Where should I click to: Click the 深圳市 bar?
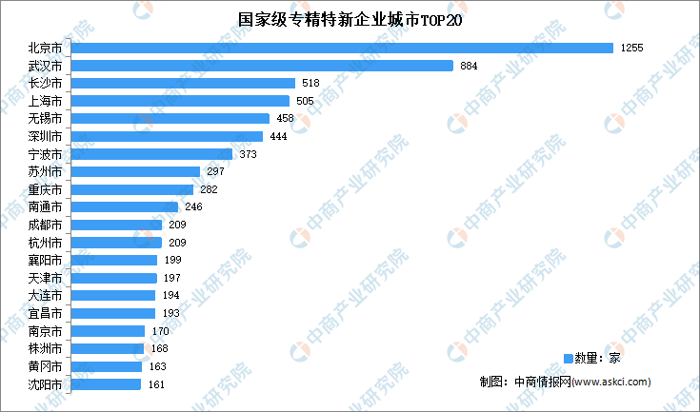tap(167, 136)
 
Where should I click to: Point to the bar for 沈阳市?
tap(106, 384)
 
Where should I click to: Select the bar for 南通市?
tap(125, 206)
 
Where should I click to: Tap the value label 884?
tap(469, 66)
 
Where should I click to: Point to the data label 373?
tap(248, 154)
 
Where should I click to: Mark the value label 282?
tap(209, 189)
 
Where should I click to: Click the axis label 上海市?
tap(46, 101)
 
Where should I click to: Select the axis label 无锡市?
tap(46, 119)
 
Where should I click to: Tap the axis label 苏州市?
tap(46, 172)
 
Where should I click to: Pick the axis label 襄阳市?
tap(46, 261)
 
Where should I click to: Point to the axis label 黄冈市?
tap(46, 366)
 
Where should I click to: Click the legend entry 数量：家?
tap(591, 358)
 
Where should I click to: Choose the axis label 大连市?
tap(46, 296)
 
